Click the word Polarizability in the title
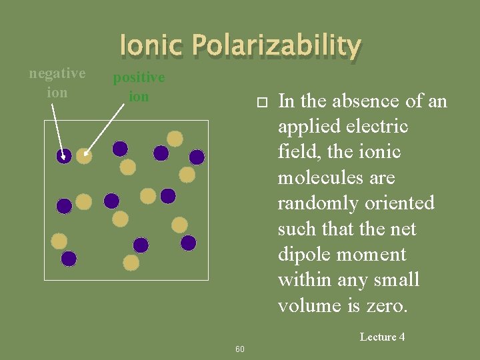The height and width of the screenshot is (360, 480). [276, 46]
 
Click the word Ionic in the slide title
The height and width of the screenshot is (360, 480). [152, 46]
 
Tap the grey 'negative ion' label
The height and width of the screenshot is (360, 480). [57, 83]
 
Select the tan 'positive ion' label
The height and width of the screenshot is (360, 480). [139, 87]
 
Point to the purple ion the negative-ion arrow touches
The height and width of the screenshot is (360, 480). [64, 156]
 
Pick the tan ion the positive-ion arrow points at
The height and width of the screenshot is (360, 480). [83, 155]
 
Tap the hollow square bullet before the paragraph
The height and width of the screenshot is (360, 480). [262, 102]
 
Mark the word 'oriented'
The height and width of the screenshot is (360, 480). [403, 203]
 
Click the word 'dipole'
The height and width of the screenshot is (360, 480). [308, 255]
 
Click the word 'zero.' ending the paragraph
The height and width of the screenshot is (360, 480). [391, 305]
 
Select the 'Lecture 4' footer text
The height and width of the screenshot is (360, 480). [382, 337]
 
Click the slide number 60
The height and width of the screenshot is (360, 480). [240, 349]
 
